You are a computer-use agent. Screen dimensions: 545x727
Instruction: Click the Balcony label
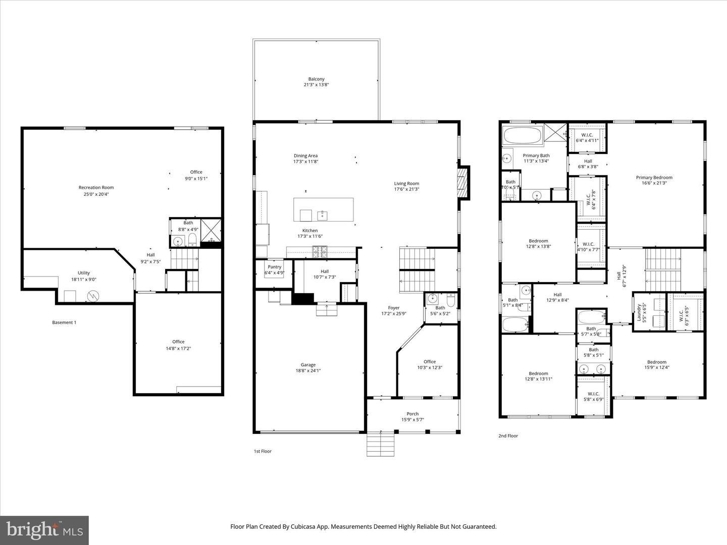click(x=316, y=79)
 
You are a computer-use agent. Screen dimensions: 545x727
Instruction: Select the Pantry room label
click(x=275, y=267)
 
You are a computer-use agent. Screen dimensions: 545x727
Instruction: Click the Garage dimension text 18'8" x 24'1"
click(x=308, y=370)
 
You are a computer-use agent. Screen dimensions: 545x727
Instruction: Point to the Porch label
click(x=412, y=414)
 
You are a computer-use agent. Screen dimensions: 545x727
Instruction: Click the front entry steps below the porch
click(x=380, y=445)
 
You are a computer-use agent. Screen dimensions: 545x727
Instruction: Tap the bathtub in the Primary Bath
click(x=522, y=135)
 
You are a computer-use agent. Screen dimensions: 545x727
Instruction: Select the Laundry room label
click(x=639, y=312)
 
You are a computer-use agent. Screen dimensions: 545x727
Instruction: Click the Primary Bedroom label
click(x=654, y=177)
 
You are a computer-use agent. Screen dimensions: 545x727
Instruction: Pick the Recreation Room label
click(x=96, y=188)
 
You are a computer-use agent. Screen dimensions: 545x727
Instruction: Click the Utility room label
click(x=84, y=273)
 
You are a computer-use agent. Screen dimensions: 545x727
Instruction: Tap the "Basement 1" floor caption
click(x=64, y=322)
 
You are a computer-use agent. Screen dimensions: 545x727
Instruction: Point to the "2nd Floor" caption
click(x=508, y=435)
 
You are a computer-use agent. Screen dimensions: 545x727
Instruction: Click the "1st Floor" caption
click(x=263, y=451)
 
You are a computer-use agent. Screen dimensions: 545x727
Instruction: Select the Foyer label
click(x=394, y=307)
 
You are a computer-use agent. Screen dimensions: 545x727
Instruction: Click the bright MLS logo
click(x=44, y=530)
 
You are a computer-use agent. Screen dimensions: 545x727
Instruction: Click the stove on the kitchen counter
click(x=319, y=249)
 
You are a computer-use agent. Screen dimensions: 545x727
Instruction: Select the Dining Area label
click(x=306, y=155)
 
